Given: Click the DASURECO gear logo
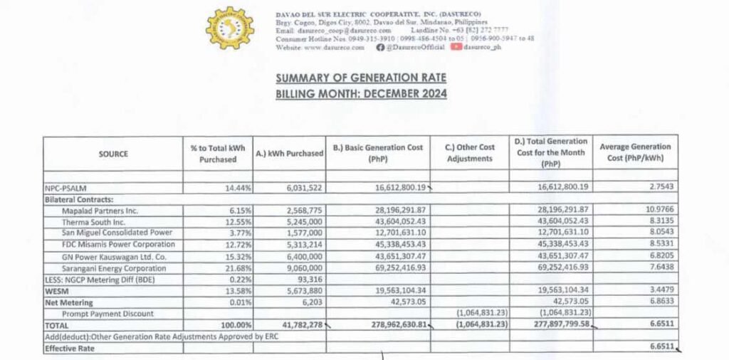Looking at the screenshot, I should [229, 28].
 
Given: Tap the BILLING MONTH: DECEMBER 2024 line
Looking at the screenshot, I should [361, 93].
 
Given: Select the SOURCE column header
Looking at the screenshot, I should [114, 154].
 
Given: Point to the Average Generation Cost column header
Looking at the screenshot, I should [634, 152].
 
